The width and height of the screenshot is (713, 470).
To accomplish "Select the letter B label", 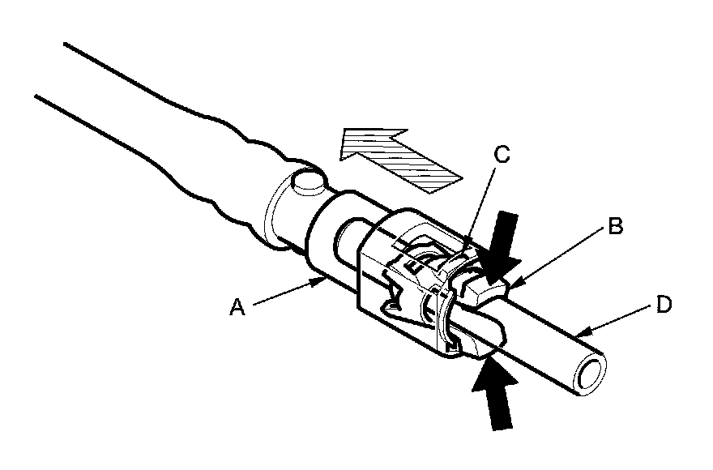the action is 616,228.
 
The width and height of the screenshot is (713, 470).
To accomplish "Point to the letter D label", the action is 664,306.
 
